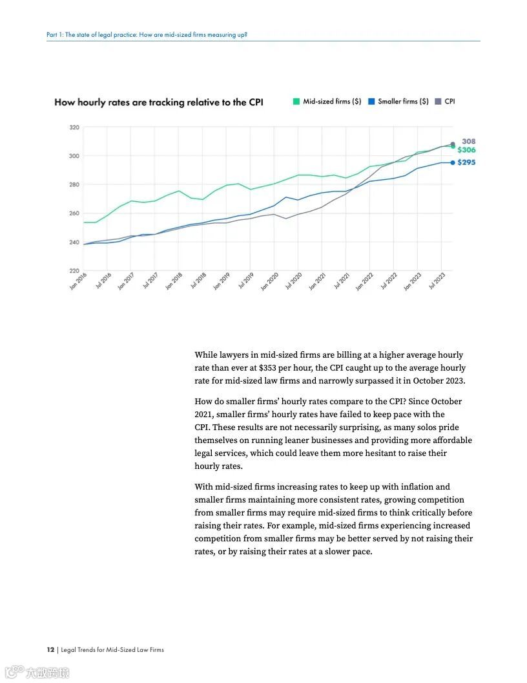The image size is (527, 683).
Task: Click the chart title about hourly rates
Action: point(158,102)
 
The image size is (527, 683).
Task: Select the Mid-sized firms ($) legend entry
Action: point(327,102)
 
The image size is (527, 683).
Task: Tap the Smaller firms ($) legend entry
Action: point(398,102)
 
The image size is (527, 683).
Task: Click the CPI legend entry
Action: point(446,102)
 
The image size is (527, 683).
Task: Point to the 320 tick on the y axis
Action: point(74,127)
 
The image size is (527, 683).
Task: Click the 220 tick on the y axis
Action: point(74,270)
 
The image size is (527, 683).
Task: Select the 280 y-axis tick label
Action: point(74,185)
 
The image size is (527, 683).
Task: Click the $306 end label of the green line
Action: point(466,150)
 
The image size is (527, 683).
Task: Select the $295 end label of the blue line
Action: point(466,162)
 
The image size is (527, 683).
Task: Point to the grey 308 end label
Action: point(469,141)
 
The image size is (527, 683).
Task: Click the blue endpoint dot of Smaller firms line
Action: point(453,162)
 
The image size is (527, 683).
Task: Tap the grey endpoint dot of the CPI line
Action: point(453,144)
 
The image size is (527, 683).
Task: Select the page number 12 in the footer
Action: point(50,649)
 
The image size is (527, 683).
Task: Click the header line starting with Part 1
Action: point(147,34)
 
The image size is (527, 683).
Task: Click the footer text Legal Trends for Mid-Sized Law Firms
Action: point(112,649)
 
